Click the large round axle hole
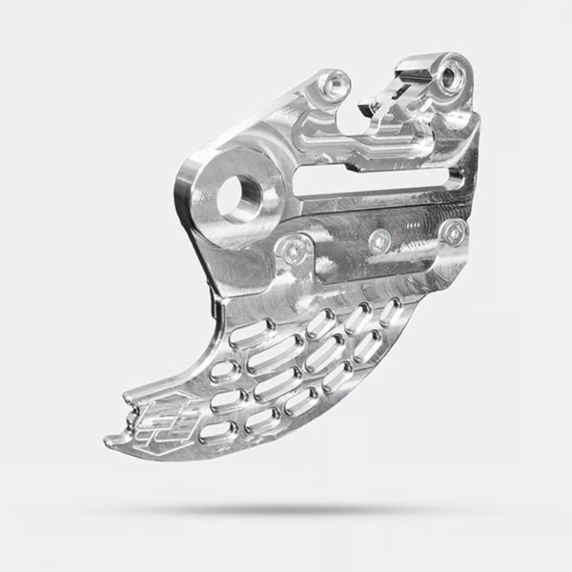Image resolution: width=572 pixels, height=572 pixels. point(237,199)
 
